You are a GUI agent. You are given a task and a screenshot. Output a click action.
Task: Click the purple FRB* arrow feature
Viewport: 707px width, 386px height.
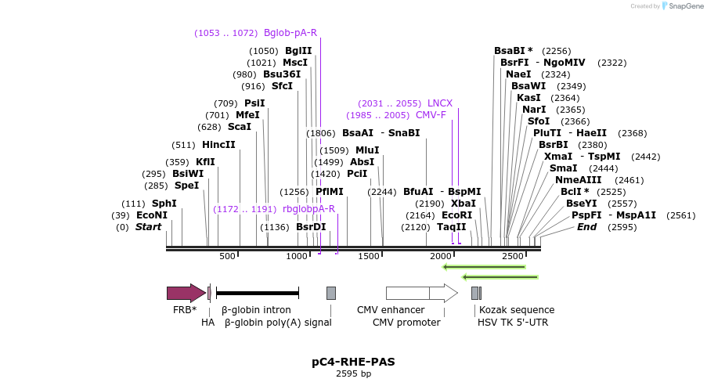186,293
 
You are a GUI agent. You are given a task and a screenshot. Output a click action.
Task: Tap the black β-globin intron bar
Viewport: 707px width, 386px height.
258,293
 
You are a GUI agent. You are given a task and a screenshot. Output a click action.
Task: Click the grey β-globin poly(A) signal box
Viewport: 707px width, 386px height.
331,293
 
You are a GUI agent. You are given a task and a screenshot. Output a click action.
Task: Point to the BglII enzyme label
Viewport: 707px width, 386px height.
298,51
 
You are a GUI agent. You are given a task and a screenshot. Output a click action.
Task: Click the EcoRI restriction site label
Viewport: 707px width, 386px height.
457,215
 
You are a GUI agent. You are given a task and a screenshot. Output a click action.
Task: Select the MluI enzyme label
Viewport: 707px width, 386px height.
367,150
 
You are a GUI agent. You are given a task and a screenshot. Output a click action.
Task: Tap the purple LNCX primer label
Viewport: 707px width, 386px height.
440,103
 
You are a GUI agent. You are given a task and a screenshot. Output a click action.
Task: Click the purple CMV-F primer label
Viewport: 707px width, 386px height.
431,115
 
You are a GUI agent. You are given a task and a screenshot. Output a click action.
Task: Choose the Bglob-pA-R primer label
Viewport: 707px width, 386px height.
290,33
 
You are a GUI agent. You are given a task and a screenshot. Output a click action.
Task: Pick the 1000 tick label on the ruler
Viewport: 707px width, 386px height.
298,256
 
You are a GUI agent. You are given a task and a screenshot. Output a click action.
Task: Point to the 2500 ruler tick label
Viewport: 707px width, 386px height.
512,256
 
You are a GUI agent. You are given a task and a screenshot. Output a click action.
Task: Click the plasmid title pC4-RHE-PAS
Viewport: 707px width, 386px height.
353,362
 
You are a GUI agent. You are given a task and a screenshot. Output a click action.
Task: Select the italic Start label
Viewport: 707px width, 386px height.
148,227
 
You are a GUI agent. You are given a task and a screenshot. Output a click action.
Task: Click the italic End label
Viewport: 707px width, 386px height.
586,227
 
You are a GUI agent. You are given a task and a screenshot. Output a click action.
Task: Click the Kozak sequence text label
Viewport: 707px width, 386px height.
517,310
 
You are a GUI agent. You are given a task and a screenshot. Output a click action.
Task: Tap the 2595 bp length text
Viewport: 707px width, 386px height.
353,374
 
